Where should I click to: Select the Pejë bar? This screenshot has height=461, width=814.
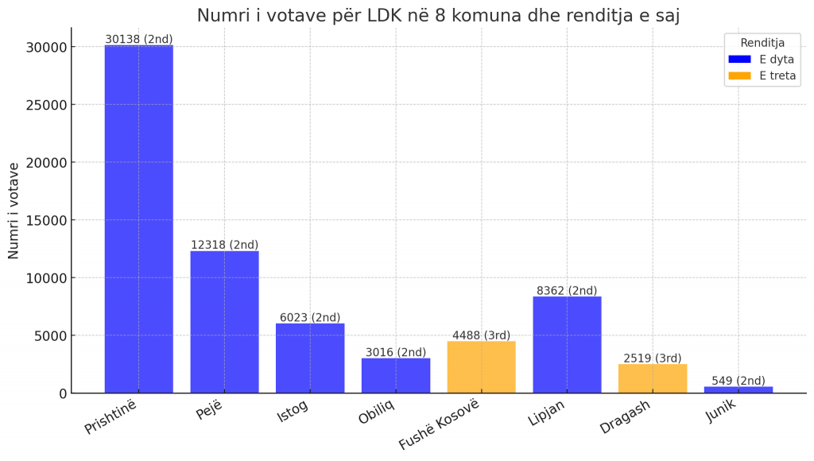224,322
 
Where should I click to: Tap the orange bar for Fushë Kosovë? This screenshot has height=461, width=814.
481,367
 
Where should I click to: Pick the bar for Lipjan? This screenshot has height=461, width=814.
567,345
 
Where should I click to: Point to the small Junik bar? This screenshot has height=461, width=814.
738,389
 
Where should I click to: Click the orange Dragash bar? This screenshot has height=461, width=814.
653,378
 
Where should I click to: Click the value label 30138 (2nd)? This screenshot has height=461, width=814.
138,39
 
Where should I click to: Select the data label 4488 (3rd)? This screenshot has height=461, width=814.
481,335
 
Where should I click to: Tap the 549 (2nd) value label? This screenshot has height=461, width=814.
738,381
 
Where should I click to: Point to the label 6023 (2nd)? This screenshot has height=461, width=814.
310,317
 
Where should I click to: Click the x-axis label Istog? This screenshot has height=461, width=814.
293,410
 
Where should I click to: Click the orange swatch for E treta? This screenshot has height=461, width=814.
739,76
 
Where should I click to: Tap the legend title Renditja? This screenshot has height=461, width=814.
762,42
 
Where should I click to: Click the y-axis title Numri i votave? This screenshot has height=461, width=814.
14,210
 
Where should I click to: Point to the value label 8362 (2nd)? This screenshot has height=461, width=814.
567,291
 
